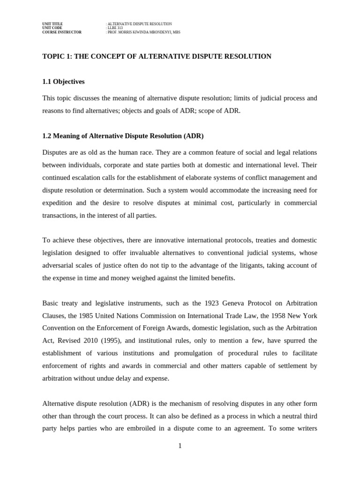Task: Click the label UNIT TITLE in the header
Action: tap(52, 23)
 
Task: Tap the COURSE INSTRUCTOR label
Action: tap(61, 32)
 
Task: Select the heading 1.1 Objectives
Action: tap(63, 82)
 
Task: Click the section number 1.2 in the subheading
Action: tap(46, 136)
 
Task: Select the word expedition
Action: tap(58, 203)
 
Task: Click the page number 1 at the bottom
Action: tap(180, 446)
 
